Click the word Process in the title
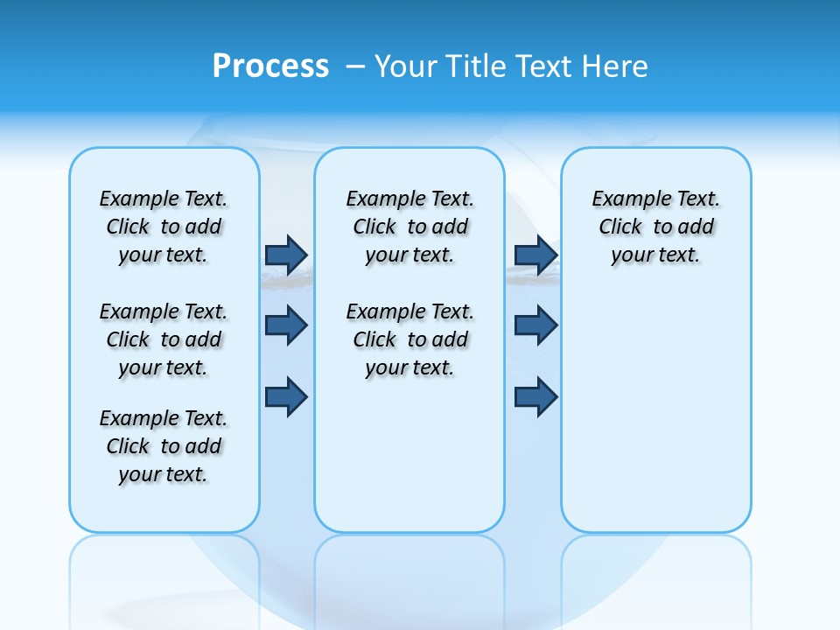point(270,66)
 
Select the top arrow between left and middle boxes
point(286,255)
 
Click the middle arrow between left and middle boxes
point(286,325)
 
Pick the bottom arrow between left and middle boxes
point(286,396)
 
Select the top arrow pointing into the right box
point(535,255)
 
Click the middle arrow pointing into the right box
point(535,325)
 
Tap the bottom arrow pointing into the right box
point(535,396)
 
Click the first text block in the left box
point(164,227)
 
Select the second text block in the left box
point(164,339)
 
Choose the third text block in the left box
point(164,446)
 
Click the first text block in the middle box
point(409,227)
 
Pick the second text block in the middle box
point(409,339)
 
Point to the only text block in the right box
point(655,227)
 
